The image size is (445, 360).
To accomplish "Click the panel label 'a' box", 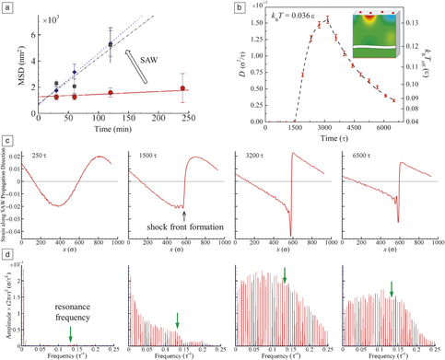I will (x=6, y=8).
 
